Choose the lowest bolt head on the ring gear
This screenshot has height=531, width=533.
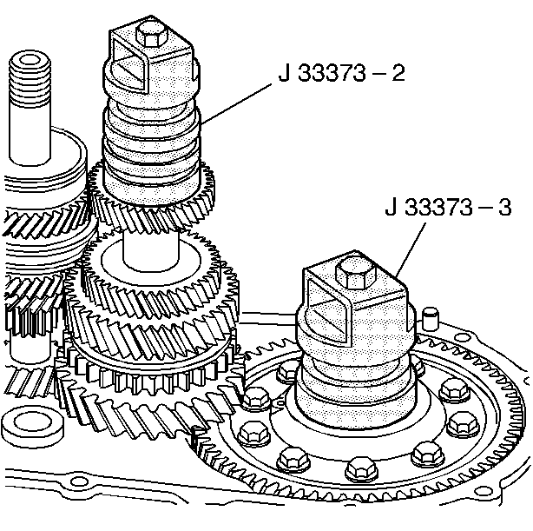[x=358, y=471]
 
